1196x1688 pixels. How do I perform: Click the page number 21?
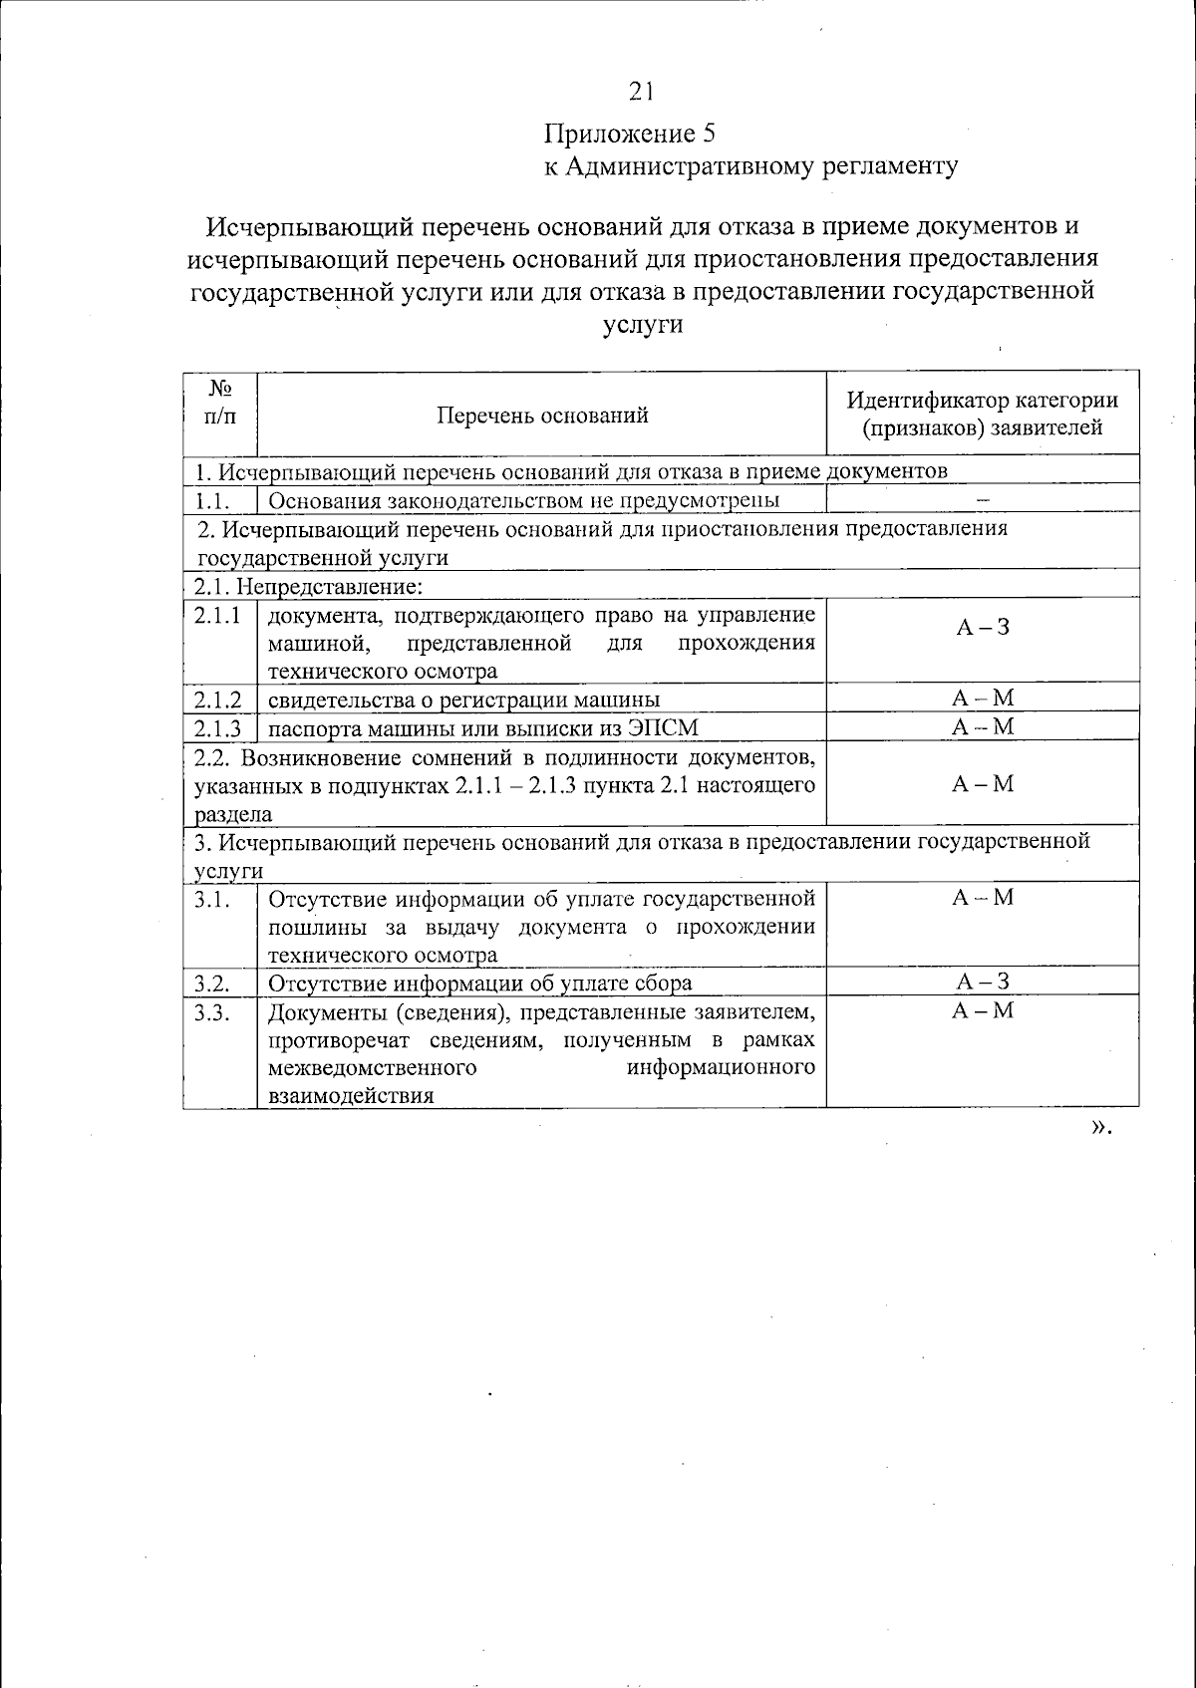pyautogui.click(x=641, y=93)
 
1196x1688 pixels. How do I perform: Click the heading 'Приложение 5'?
pyautogui.click(x=629, y=134)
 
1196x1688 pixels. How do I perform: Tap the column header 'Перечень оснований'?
pyautogui.click(x=542, y=415)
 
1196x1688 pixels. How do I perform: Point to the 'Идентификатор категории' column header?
pyautogui.click(x=982, y=401)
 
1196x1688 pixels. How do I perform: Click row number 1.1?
pyautogui.click(x=213, y=500)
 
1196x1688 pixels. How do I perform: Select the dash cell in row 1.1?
pyautogui.click(x=982, y=500)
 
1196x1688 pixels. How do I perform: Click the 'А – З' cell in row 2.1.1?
pyautogui.click(x=982, y=627)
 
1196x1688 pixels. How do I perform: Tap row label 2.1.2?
pyautogui.click(x=218, y=700)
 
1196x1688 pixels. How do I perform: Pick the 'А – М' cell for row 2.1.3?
pyautogui.click(x=982, y=727)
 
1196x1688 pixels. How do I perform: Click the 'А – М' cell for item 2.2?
pyautogui.click(x=982, y=784)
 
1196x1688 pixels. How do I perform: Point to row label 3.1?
pyautogui.click(x=213, y=899)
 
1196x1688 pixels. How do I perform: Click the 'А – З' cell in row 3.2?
pyautogui.click(x=982, y=982)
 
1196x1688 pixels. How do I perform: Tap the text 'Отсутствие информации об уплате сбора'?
pyautogui.click(x=480, y=984)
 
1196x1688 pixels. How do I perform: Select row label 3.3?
pyautogui.click(x=213, y=1012)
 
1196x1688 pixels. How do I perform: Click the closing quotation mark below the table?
pyautogui.click(x=1099, y=1127)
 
